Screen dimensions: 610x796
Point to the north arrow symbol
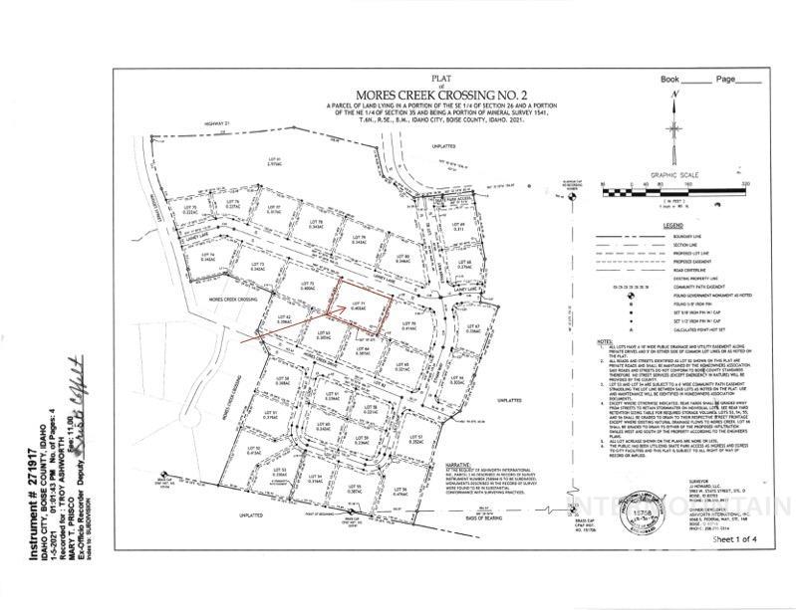coord(676,109)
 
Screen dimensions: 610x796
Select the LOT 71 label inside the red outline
coord(366,304)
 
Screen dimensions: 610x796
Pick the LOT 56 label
coord(401,490)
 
